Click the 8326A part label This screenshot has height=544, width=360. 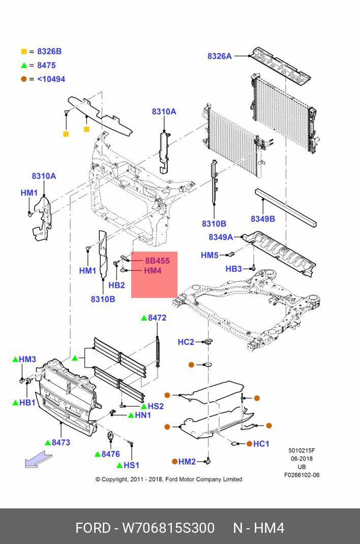(220, 56)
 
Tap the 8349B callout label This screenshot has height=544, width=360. (263, 219)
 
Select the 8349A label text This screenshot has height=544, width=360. (221, 237)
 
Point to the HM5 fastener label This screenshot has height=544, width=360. (209, 255)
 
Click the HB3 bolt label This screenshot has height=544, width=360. (234, 269)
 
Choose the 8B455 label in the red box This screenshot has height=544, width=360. (157, 260)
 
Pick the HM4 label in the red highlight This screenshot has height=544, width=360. (153, 270)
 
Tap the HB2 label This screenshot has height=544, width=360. (116, 285)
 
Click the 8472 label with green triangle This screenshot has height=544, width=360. (157, 318)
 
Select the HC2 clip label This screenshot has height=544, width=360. (186, 342)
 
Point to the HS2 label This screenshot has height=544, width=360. (156, 406)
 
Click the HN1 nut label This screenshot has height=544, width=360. (143, 415)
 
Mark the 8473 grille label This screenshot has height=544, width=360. (61, 442)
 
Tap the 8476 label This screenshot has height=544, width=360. (111, 454)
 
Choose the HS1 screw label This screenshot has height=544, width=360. (132, 465)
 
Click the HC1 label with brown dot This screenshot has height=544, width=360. (261, 444)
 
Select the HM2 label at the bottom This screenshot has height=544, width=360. (187, 462)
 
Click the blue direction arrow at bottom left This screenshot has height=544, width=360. (38, 459)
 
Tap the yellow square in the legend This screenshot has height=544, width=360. (24, 52)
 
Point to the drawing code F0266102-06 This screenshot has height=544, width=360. (302, 475)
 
